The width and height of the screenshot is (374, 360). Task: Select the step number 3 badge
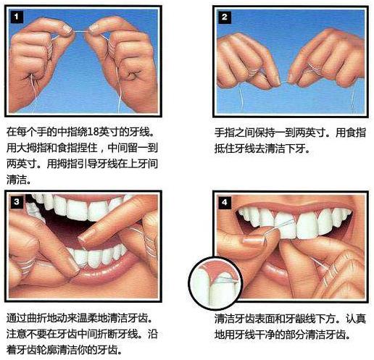tap(15, 201)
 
